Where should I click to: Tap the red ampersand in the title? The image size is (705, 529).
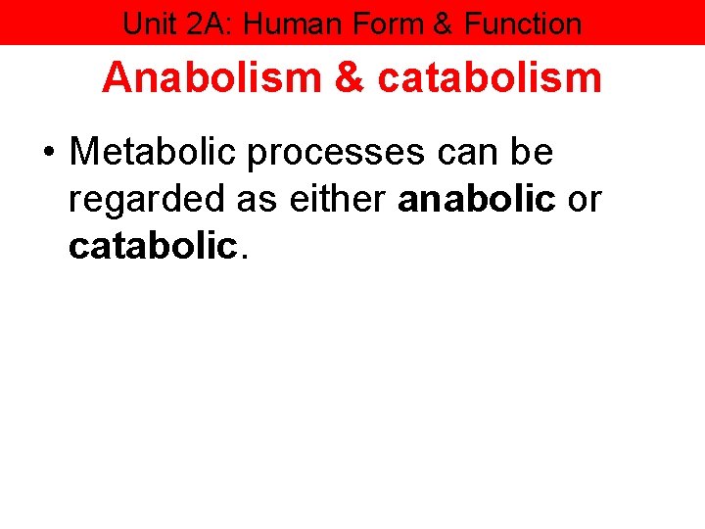349,77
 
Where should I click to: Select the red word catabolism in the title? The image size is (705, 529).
489,77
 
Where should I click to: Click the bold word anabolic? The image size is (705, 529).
478,199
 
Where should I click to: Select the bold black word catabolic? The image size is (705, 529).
153,246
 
